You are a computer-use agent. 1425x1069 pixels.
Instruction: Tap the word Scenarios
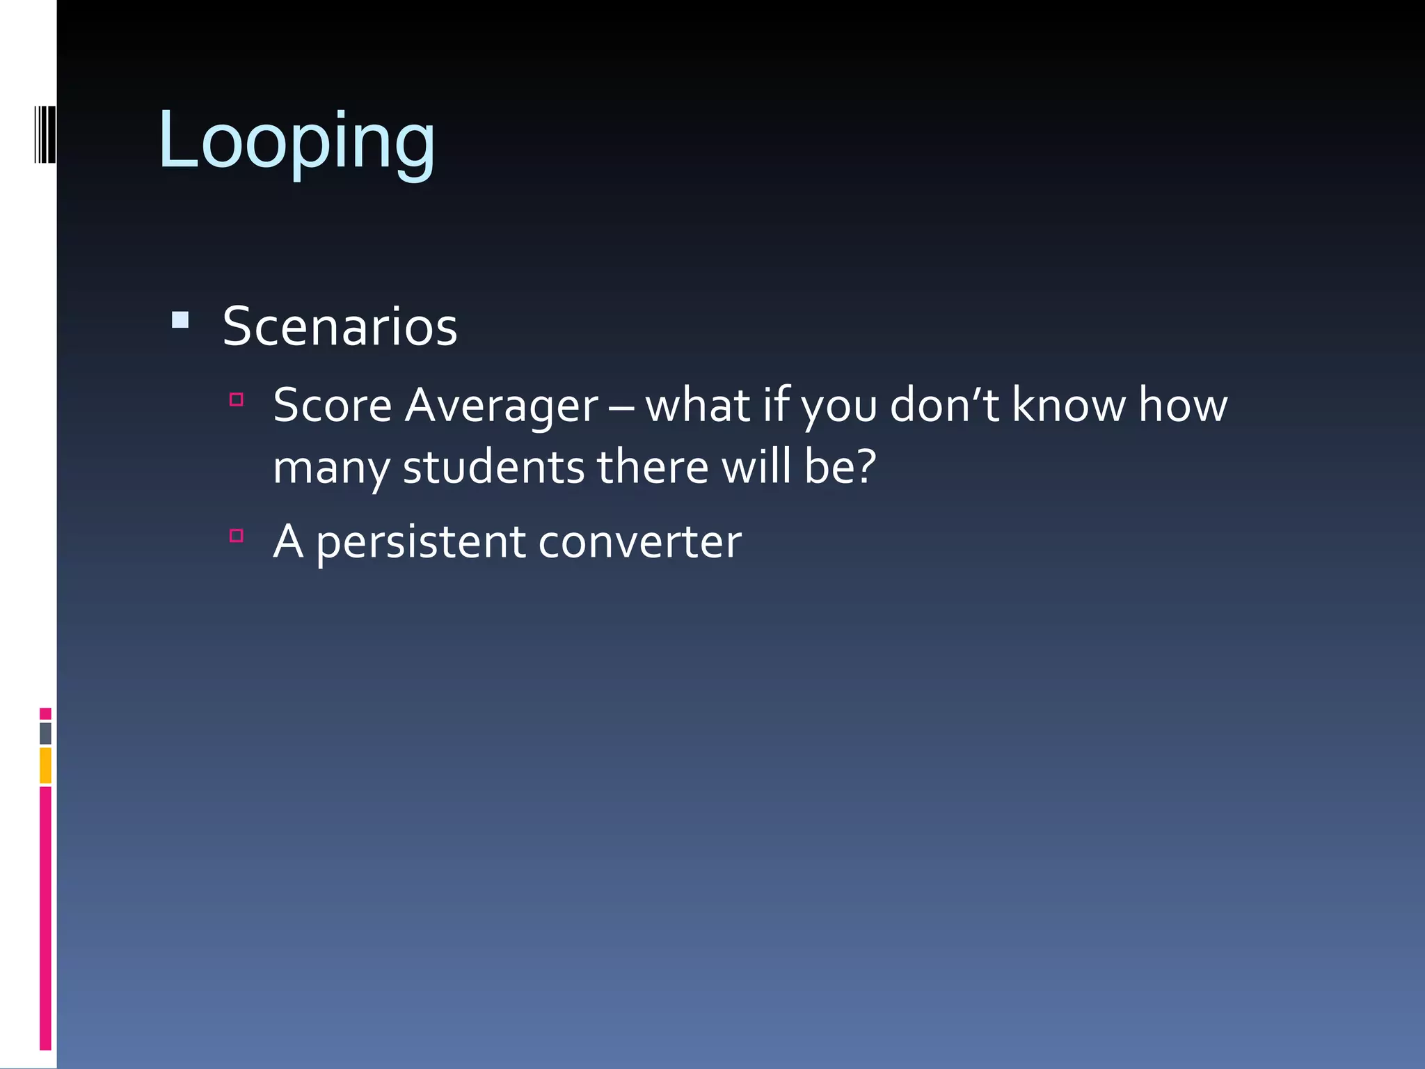click(x=340, y=326)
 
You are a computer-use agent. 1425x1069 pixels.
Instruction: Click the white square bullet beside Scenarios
click(x=180, y=320)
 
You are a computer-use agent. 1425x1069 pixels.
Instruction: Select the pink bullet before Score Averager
click(x=237, y=399)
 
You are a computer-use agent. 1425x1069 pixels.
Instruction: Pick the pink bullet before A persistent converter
click(x=237, y=535)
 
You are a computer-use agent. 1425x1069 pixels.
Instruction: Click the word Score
click(x=332, y=405)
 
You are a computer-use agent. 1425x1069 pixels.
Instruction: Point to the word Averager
click(x=501, y=406)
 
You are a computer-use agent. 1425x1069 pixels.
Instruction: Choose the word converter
click(x=639, y=542)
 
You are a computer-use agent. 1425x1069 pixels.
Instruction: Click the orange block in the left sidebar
click(x=45, y=766)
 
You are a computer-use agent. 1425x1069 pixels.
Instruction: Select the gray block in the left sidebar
click(x=45, y=734)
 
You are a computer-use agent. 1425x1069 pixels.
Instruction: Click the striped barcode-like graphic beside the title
click(x=45, y=134)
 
